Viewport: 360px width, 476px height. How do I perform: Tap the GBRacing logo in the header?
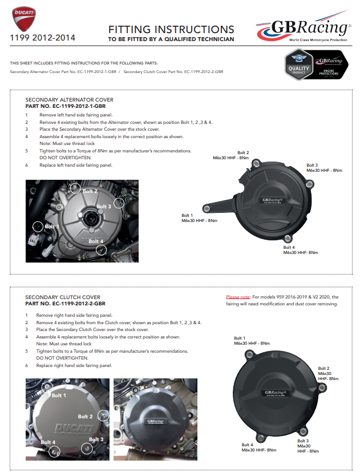point(302,29)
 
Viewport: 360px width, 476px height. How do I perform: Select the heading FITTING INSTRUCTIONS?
point(171,30)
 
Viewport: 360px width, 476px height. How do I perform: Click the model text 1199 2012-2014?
point(42,38)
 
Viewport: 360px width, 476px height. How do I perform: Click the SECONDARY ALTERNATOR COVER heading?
point(69,100)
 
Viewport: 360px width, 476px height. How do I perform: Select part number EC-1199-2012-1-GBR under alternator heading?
point(65,106)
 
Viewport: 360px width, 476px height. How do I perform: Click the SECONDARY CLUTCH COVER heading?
point(63,297)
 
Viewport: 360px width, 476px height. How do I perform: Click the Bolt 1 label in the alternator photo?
point(52,227)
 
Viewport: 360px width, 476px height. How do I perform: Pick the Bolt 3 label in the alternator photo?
point(104,207)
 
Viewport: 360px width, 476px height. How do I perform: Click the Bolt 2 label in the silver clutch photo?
point(86,417)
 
